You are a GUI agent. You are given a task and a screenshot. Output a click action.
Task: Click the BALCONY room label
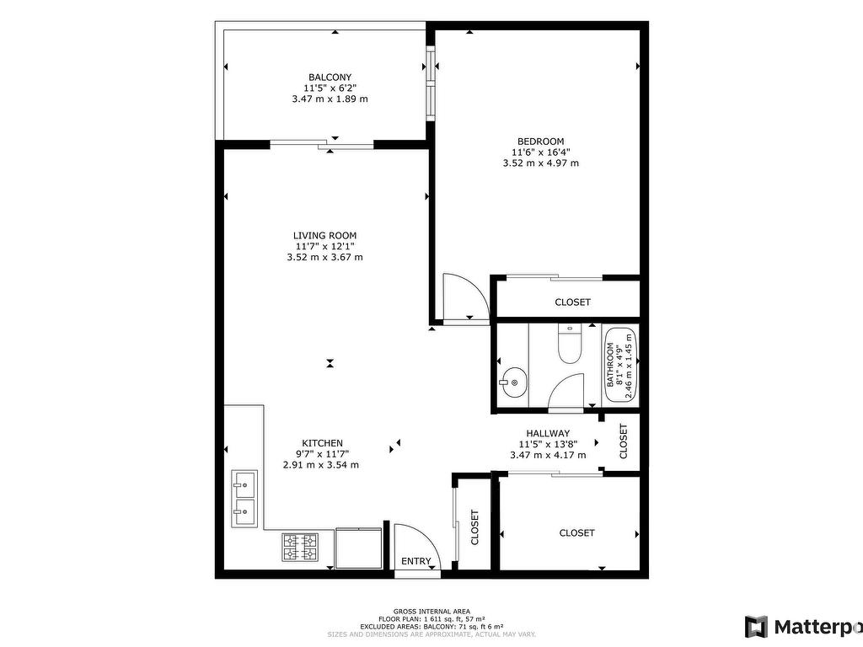click(330, 78)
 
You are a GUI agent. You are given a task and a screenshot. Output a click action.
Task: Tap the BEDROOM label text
click(540, 142)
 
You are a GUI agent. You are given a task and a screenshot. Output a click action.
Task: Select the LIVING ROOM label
click(324, 236)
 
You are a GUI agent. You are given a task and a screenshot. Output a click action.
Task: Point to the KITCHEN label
click(323, 443)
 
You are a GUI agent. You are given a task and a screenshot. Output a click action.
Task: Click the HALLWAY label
click(548, 434)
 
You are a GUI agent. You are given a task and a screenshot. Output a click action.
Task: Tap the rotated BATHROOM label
click(610, 365)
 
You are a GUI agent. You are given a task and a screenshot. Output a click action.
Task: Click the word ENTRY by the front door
click(416, 561)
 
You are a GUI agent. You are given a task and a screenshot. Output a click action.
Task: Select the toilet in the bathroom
click(570, 344)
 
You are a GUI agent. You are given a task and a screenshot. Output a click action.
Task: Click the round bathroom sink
click(514, 382)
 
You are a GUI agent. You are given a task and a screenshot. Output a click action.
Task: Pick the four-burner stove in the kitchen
click(300, 547)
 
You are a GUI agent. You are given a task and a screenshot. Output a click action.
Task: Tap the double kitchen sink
click(244, 499)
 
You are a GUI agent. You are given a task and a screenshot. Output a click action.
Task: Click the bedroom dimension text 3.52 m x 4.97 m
click(540, 163)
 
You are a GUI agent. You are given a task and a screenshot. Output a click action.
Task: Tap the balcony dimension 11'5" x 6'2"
click(330, 88)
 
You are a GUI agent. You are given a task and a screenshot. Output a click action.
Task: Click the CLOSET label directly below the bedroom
click(572, 302)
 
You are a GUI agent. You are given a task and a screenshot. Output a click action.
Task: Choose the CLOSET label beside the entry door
click(474, 527)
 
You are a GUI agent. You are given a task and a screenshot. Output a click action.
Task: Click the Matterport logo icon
click(756, 627)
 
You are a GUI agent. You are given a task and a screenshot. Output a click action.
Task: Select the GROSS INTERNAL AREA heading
click(431, 612)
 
